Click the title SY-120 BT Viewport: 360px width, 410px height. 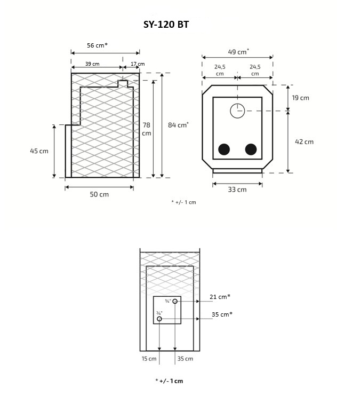coord(166,25)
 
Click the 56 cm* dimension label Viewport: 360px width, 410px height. coord(97,45)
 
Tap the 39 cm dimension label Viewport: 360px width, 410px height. coord(92,64)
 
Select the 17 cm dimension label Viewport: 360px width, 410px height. coord(138,64)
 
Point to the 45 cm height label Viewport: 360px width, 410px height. coord(39,151)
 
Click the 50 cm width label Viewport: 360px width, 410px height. coord(99,194)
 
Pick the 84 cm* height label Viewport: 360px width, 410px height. coord(178,125)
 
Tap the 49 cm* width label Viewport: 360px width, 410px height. coord(238,51)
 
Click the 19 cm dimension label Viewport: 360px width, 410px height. coord(300,98)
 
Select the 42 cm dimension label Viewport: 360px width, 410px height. coord(304,141)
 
